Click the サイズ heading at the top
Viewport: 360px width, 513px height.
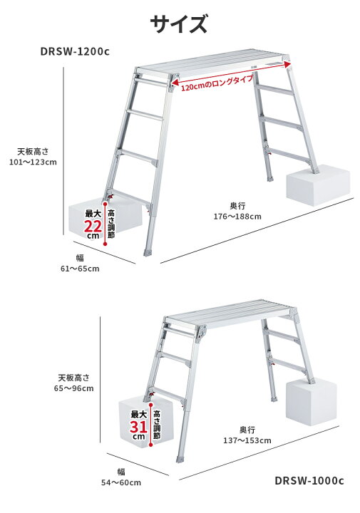click(179, 24)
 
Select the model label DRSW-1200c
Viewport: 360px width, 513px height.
click(75, 51)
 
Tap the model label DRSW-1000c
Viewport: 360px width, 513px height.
click(309, 481)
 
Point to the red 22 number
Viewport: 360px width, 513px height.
click(93, 226)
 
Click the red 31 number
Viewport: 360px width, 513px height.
click(138, 427)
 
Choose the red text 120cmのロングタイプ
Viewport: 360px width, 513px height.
click(217, 83)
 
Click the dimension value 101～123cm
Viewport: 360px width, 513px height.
click(33, 162)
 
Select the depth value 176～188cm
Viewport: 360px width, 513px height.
click(237, 217)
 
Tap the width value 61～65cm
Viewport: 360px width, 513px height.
click(80, 269)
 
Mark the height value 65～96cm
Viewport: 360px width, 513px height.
click(74, 388)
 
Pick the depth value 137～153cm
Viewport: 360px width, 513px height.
click(247, 440)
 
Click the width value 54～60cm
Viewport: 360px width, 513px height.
click(121, 482)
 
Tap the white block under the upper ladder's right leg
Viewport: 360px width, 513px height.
click(318, 185)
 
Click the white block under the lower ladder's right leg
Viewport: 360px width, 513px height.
click(312, 402)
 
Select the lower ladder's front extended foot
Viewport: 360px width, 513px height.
click(180, 459)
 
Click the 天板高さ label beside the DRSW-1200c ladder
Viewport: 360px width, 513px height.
click(33, 152)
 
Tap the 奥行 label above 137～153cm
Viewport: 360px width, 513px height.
click(247, 430)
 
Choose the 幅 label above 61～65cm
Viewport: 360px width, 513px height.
click(80, 258)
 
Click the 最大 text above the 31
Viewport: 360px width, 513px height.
click(139, 414)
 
